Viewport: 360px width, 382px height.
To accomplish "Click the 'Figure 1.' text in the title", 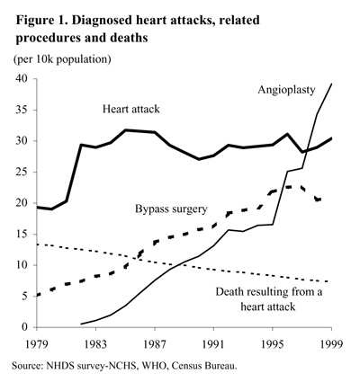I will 40,17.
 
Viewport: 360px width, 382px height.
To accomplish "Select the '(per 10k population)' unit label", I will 61,59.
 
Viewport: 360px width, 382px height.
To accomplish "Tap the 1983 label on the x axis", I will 96,342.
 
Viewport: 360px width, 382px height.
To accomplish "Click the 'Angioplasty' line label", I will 286,91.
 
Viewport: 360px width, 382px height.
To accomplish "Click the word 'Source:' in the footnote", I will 28,367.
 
